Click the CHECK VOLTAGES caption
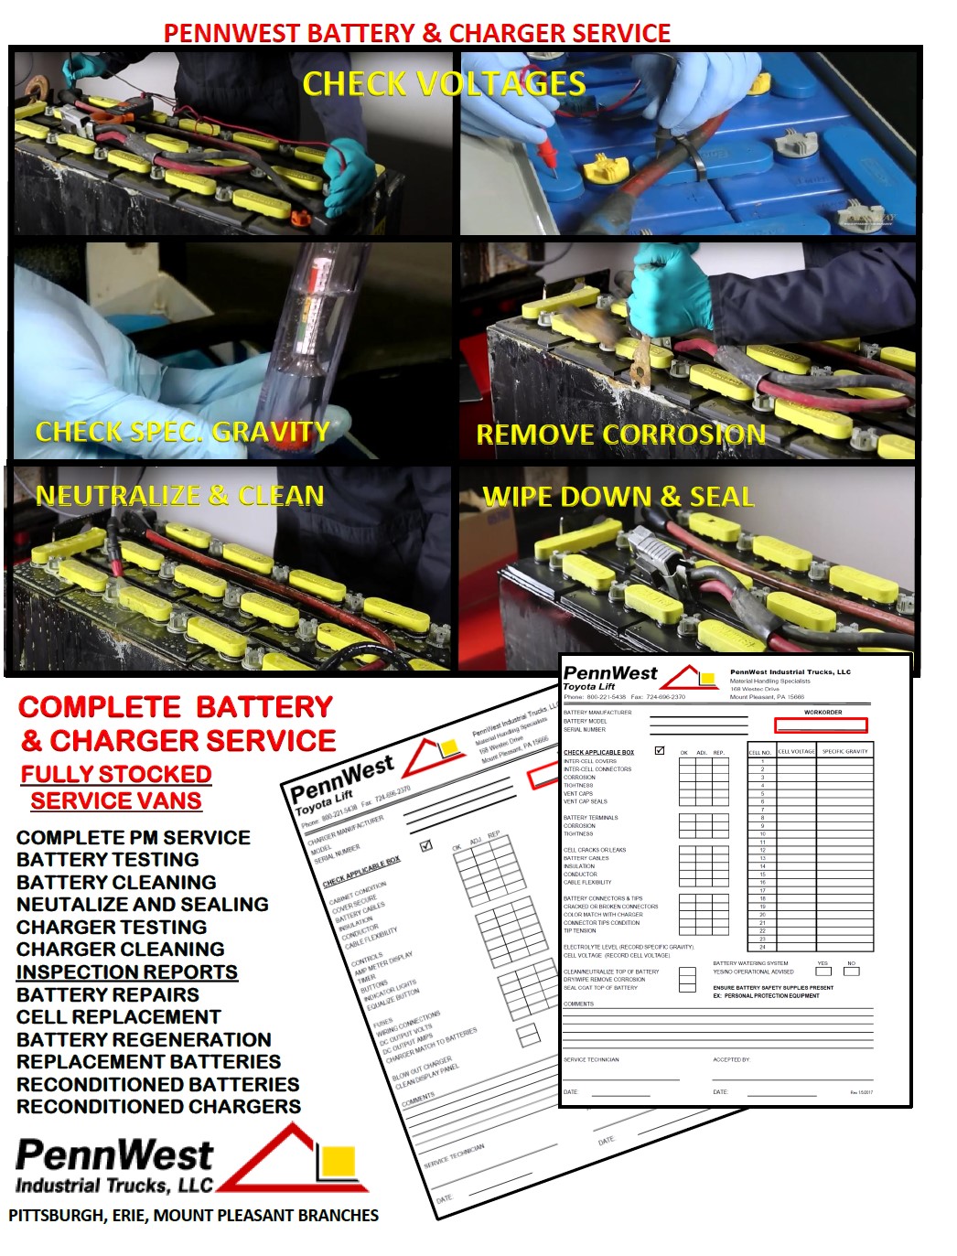[x=444, y=84]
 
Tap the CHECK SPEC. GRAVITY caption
[x=182, y=432]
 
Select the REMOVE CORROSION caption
[x=620, y=435]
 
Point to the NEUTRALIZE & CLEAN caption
[x=179, y=496]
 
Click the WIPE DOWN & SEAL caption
[x=618, y=497]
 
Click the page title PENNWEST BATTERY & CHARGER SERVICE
[x=416, y=33]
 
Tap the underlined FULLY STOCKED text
[x=116, y=774]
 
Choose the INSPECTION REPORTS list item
[x=127, y=972]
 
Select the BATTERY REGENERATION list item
[x=144, y=1039]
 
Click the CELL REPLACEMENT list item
[x=118, y=1016]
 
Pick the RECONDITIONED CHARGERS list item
[x=158, y=1106]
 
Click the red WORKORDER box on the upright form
[x=821, y=725]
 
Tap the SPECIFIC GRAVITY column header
[x=844, y=751]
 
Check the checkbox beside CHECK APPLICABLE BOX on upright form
[x=660, y=750]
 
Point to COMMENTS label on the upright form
[x=578, y=1004]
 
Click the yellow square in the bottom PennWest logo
[x=339, y=1161]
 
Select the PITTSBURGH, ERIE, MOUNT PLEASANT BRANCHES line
[x=193, y=1215]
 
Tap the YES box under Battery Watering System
[x=823, y=972]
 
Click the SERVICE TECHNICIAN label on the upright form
[x=591, y=1059]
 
